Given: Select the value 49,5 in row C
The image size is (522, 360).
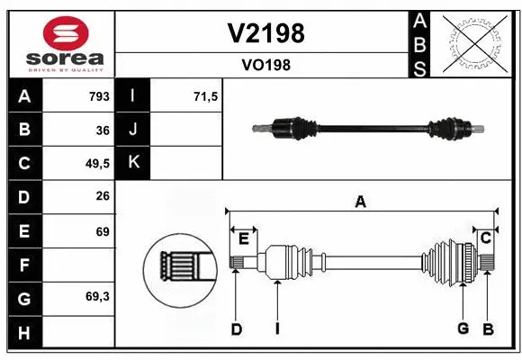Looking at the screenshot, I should click(96, 164).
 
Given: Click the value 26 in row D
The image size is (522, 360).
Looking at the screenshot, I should click(102, 197).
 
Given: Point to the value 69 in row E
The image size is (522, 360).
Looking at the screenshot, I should click(102, 231).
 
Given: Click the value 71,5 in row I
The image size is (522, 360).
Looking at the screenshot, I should click(206, 96).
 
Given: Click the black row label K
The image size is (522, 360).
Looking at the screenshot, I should click(134, 163).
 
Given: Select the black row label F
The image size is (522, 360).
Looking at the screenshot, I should click(24, 265).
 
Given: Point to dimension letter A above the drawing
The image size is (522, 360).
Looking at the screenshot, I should click(360, 202).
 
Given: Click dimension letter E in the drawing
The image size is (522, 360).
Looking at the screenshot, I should click(243, 238).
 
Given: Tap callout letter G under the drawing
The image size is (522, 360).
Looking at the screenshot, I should click(463, 328).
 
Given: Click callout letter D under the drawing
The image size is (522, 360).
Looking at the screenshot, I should click(236, 329).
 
